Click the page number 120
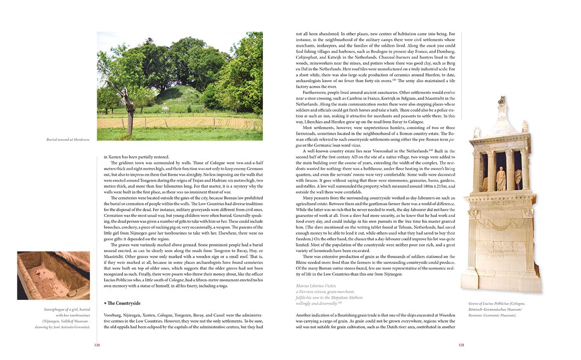click(97, 345)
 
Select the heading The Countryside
click(124, 303)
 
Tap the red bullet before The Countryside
click(105, 303)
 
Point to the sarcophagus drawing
click(53, 275)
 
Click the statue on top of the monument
click(502, 103)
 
